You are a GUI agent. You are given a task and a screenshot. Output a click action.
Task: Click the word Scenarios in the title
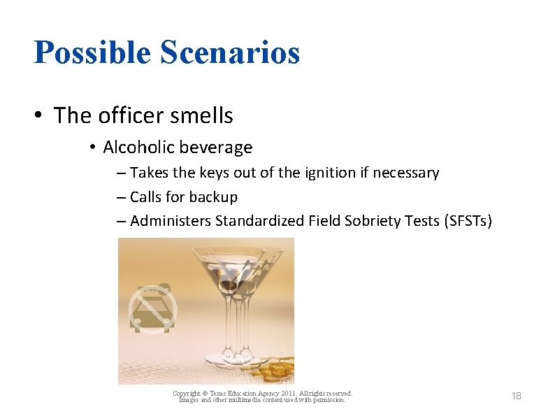pos(230,52)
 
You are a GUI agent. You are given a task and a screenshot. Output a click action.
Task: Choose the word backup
pos(214,197)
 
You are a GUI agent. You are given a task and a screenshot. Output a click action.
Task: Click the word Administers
pos(171,222)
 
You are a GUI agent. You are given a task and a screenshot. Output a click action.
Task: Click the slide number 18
pos(516,396)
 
